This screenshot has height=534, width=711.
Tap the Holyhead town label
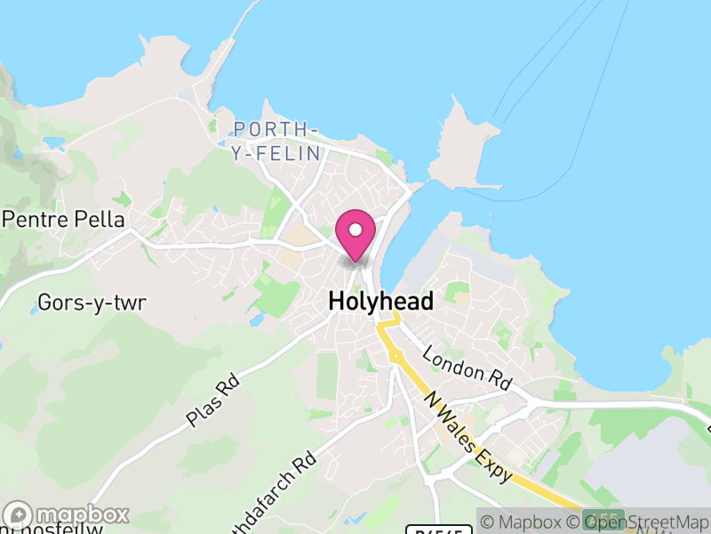click(381, 302)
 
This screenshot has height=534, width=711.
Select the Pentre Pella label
click(64, 219)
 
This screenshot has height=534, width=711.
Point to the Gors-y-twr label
click(92, 303)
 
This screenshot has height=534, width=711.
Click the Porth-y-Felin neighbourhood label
click(276, 142)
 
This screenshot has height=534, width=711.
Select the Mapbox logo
click(68, 514)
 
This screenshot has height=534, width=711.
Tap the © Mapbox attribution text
click(527, 522)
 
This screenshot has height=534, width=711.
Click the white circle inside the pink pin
click(355, 231)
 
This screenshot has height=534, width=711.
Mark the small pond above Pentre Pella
click(55, 142)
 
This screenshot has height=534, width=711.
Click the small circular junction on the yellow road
click(395, 356)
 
